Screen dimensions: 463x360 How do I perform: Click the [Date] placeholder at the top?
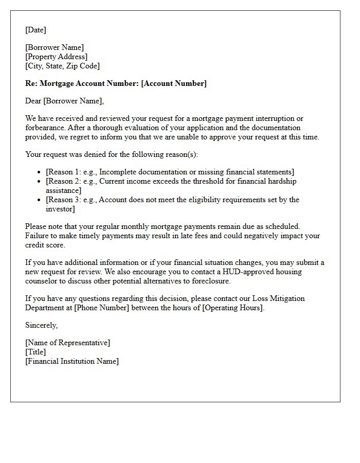[35, 30]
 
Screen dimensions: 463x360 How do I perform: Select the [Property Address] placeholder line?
[56, 57]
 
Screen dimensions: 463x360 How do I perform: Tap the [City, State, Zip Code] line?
[62, 66]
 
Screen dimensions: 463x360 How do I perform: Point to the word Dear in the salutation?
[33, 101]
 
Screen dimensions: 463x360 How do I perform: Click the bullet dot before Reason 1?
[40, 172]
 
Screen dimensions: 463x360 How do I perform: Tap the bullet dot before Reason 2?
[40, 182]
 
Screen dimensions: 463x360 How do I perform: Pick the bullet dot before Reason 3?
[40, 200]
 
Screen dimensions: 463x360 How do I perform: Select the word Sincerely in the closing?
[41, 325]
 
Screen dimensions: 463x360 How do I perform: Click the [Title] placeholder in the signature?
[35, 352]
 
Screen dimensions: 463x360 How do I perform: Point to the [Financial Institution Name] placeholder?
[72, 361]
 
